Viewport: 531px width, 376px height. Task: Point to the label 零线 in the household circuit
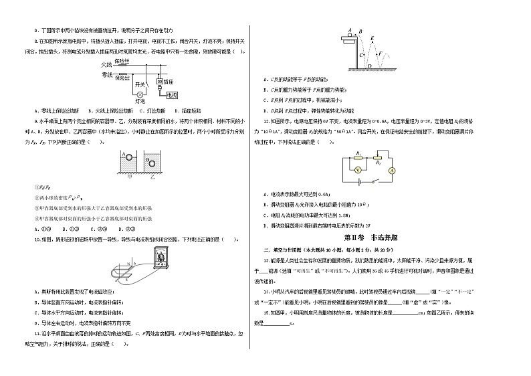click(x=106, y=75)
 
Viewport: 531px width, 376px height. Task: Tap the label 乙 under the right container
click(x=153, y=178)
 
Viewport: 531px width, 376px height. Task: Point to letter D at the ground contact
click(x=369, y=66)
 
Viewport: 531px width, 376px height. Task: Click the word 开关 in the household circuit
click(x=140, y=85)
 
